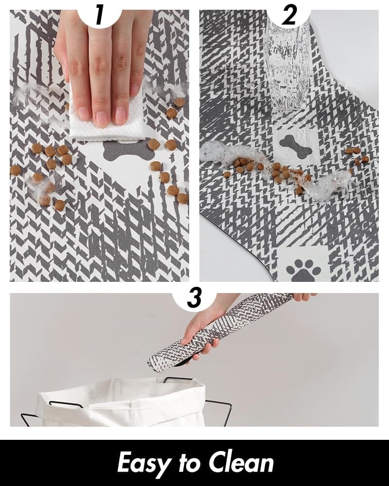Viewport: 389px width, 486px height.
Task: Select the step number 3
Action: coord(194,297)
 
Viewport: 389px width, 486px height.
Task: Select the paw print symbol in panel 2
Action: coord(303,269)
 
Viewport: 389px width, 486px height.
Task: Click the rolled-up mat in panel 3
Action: coord(219,330)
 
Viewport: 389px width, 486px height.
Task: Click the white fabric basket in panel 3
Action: coord(122,403)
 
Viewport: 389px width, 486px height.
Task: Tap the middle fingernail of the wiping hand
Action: coord(101,119)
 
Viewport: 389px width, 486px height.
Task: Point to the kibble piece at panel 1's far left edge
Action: coord(16,170)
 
